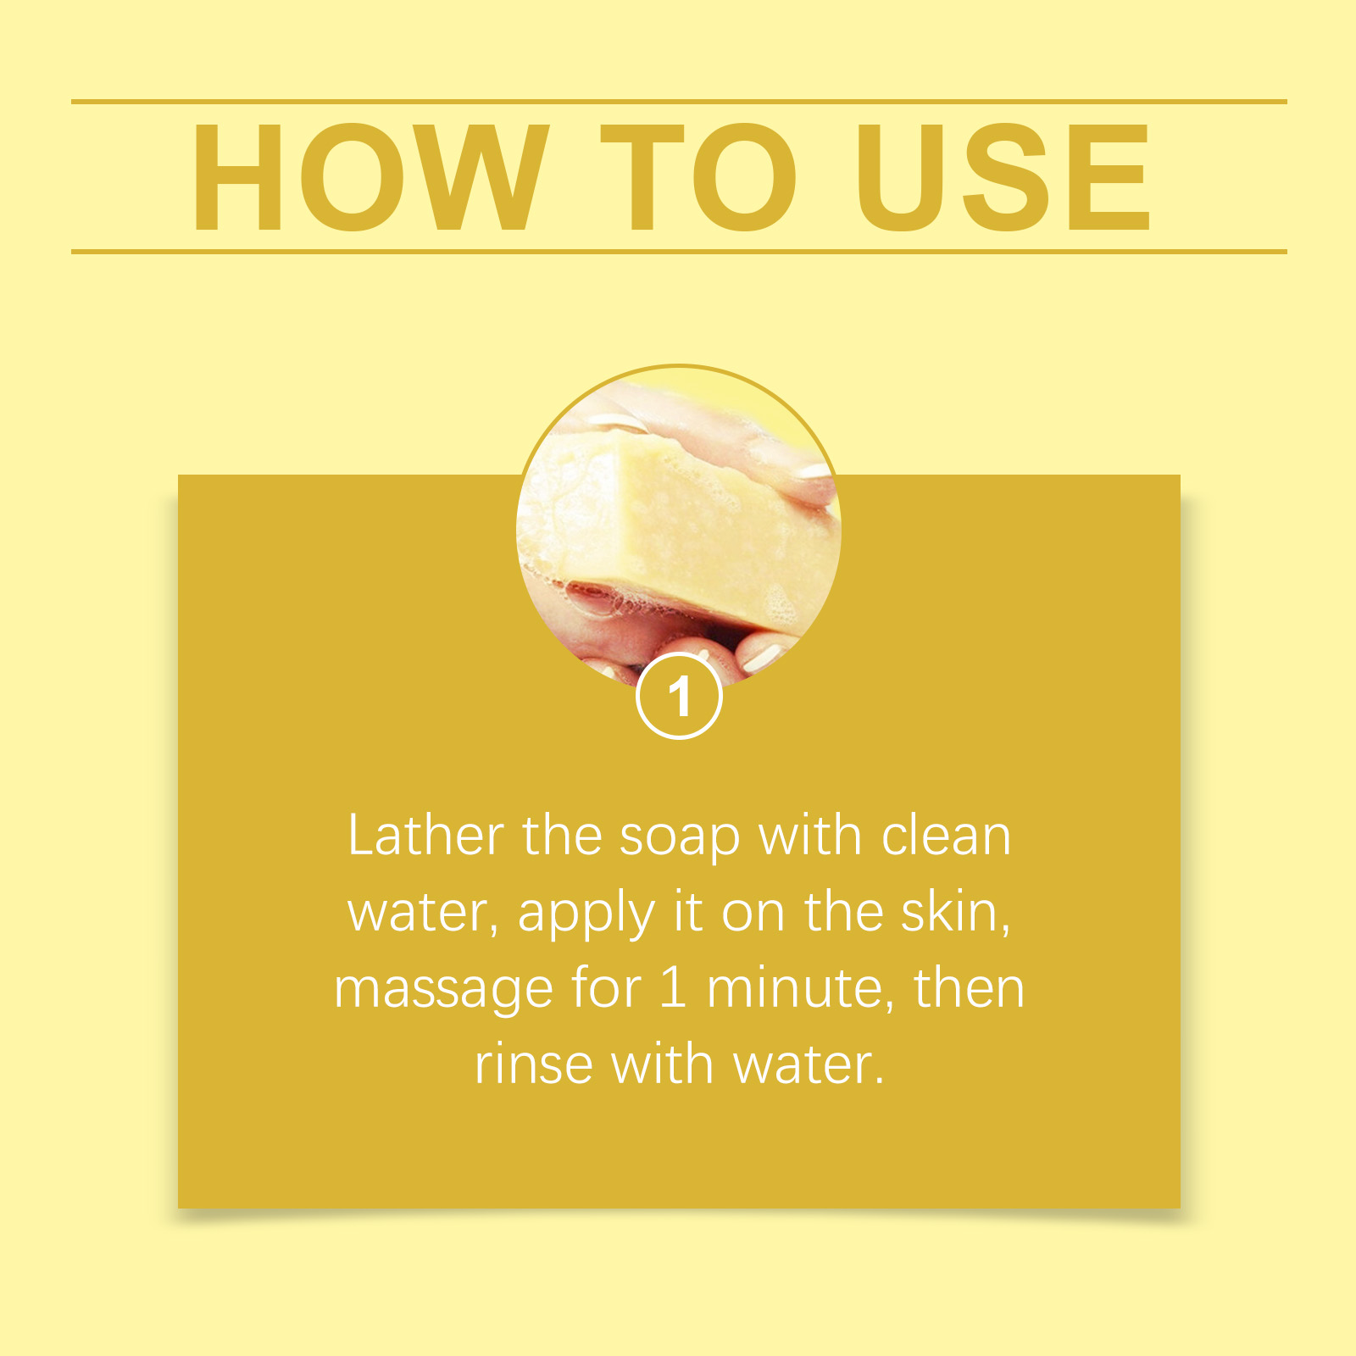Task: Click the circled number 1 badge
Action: [x=679, y=697]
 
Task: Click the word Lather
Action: [x=425, y=836]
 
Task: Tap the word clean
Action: [x=946, y=836]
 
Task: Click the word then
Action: [x=969, y=989]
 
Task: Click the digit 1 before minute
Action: [x=673, y=988]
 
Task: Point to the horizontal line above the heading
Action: [x=678, y=102]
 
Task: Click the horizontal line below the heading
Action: [x=678, y=252]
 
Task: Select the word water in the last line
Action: [x=808, y=1065]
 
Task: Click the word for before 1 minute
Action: [x=606, y=988]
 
